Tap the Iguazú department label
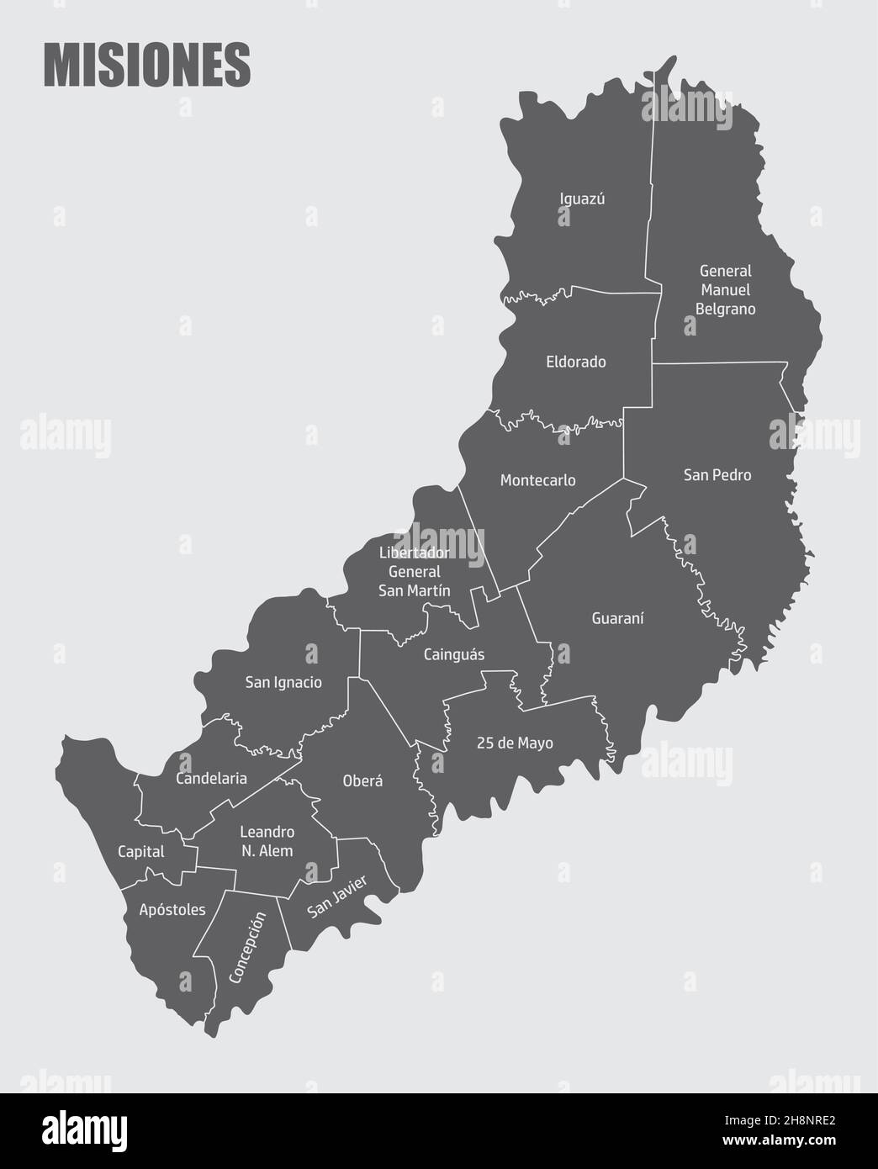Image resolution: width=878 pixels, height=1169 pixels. point(583,199)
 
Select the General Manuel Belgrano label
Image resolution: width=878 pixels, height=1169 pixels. point(725,290)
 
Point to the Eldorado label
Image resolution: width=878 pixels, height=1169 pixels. point(576,362)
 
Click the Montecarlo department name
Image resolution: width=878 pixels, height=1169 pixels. point(537,480)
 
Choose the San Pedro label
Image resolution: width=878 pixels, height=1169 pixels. point(717,475)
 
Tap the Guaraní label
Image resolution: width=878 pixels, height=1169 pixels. point(617,618)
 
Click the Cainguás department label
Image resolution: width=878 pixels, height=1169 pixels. point(454,654)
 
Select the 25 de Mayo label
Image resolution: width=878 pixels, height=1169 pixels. point(503,743)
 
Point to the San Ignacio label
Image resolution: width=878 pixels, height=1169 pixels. point(283,682)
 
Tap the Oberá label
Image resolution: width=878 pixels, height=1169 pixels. point(362,780)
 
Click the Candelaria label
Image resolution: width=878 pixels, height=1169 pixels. point(211,779)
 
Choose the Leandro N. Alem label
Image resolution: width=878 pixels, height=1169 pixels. point(267,841)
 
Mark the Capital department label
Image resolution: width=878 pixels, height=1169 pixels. point(141,852)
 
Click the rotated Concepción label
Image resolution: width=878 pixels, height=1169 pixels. point(247,947)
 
